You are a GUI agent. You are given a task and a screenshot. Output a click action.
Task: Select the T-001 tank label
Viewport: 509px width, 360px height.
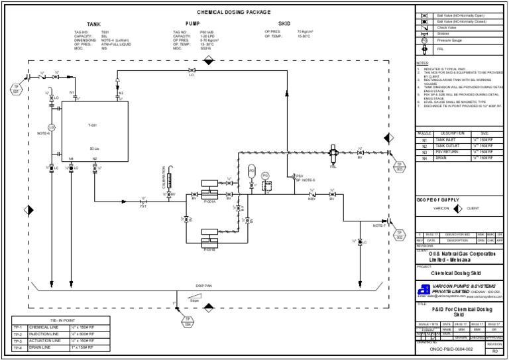(x=93, y=125)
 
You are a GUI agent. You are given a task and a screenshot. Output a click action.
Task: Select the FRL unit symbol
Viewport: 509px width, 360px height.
(x=333, y=156)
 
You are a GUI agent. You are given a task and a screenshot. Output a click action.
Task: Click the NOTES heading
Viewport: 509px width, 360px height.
(x=422, y=63)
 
